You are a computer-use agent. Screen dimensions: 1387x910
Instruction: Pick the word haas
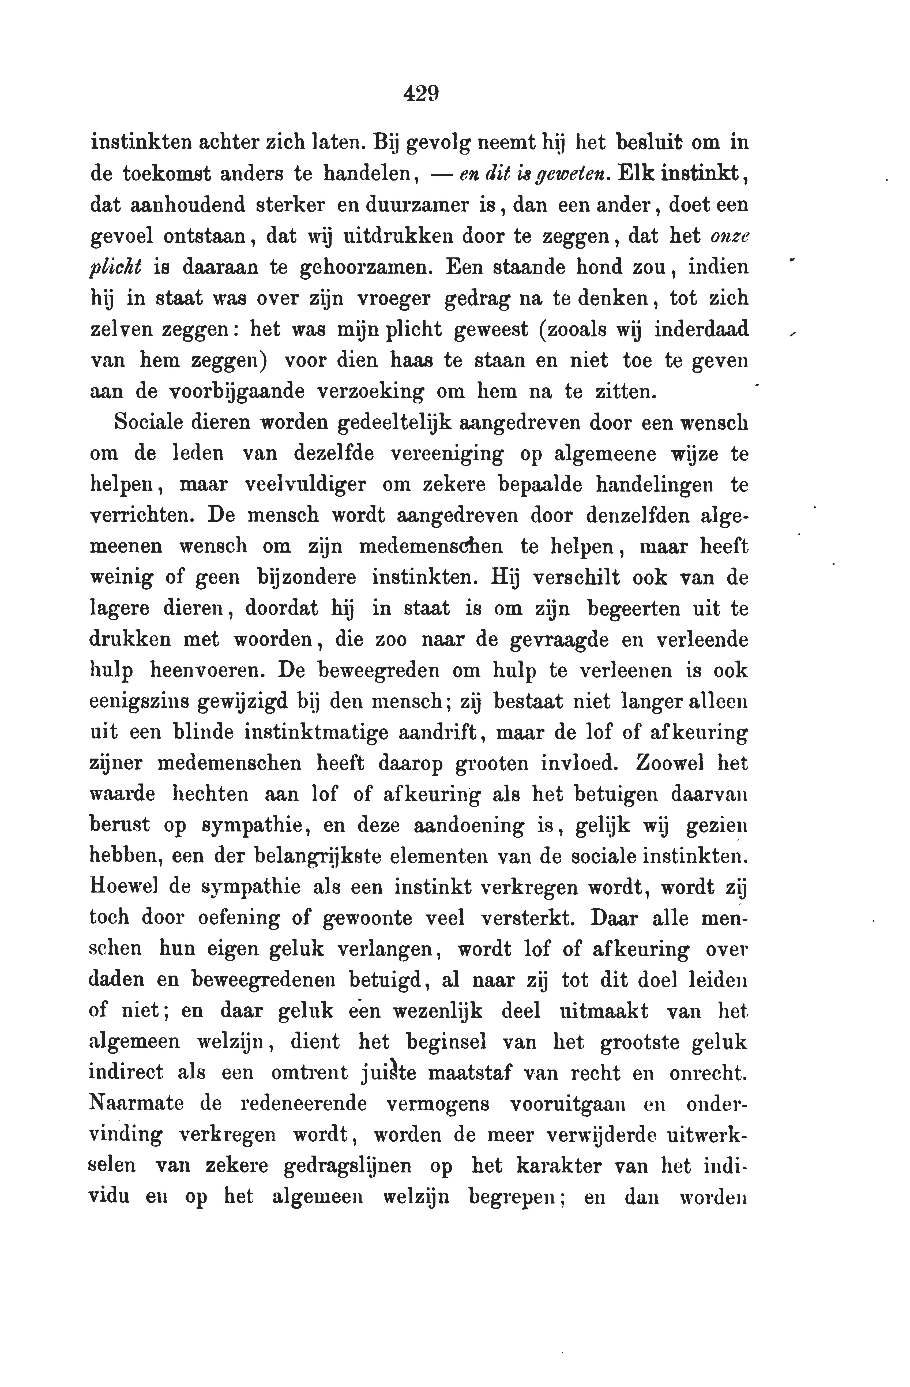[412, 360]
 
